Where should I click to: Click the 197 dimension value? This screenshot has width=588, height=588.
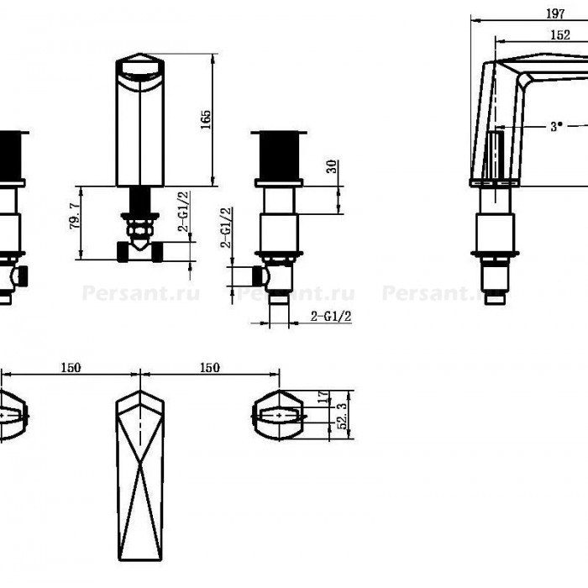pyautogui.click(x=555, y=14)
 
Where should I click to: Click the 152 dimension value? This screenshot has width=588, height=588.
pyautogui.click(x=560, y=35)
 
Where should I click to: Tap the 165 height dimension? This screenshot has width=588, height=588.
pyautogui.click(x=206, y=119)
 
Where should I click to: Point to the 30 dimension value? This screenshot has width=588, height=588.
pyautogui.click(x=332, y=166)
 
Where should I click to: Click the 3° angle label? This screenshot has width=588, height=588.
pyautogui.click(x=556, y=126)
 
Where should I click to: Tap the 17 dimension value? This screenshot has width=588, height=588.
pyautogui.click(x=323, y=397)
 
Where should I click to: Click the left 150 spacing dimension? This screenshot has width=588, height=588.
pyautogui.click(x=71, y=368)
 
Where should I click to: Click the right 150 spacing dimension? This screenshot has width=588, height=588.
pyautogui.click(x=210, y=368)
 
